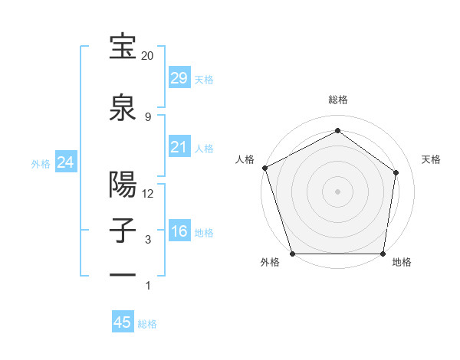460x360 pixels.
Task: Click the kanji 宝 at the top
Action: (x=123, y=47)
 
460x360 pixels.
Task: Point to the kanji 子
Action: (x=123, y=232)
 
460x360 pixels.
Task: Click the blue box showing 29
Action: (x=179, y=78)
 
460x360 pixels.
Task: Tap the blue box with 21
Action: (x=179, y=147)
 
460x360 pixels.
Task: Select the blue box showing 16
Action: (x=179, y=232)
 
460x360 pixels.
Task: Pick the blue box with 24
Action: (x=65, y=162)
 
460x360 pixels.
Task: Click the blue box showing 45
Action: (x=123, y=322)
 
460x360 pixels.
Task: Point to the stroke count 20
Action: (x=147, y=56)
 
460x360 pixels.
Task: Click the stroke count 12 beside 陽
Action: (x=148, y=194)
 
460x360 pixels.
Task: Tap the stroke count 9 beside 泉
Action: (x=147, y=116)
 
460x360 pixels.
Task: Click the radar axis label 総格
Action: (x=337, y=100)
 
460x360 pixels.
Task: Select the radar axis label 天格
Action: (x=431, y=159)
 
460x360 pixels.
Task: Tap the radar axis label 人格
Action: (x=245, y=159)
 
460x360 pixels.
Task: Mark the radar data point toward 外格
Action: (x=292, y=254)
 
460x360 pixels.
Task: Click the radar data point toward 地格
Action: (x=383, y=254)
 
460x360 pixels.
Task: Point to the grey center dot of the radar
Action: (x=337, y=191)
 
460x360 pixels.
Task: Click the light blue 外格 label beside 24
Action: (x=41, y=163)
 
